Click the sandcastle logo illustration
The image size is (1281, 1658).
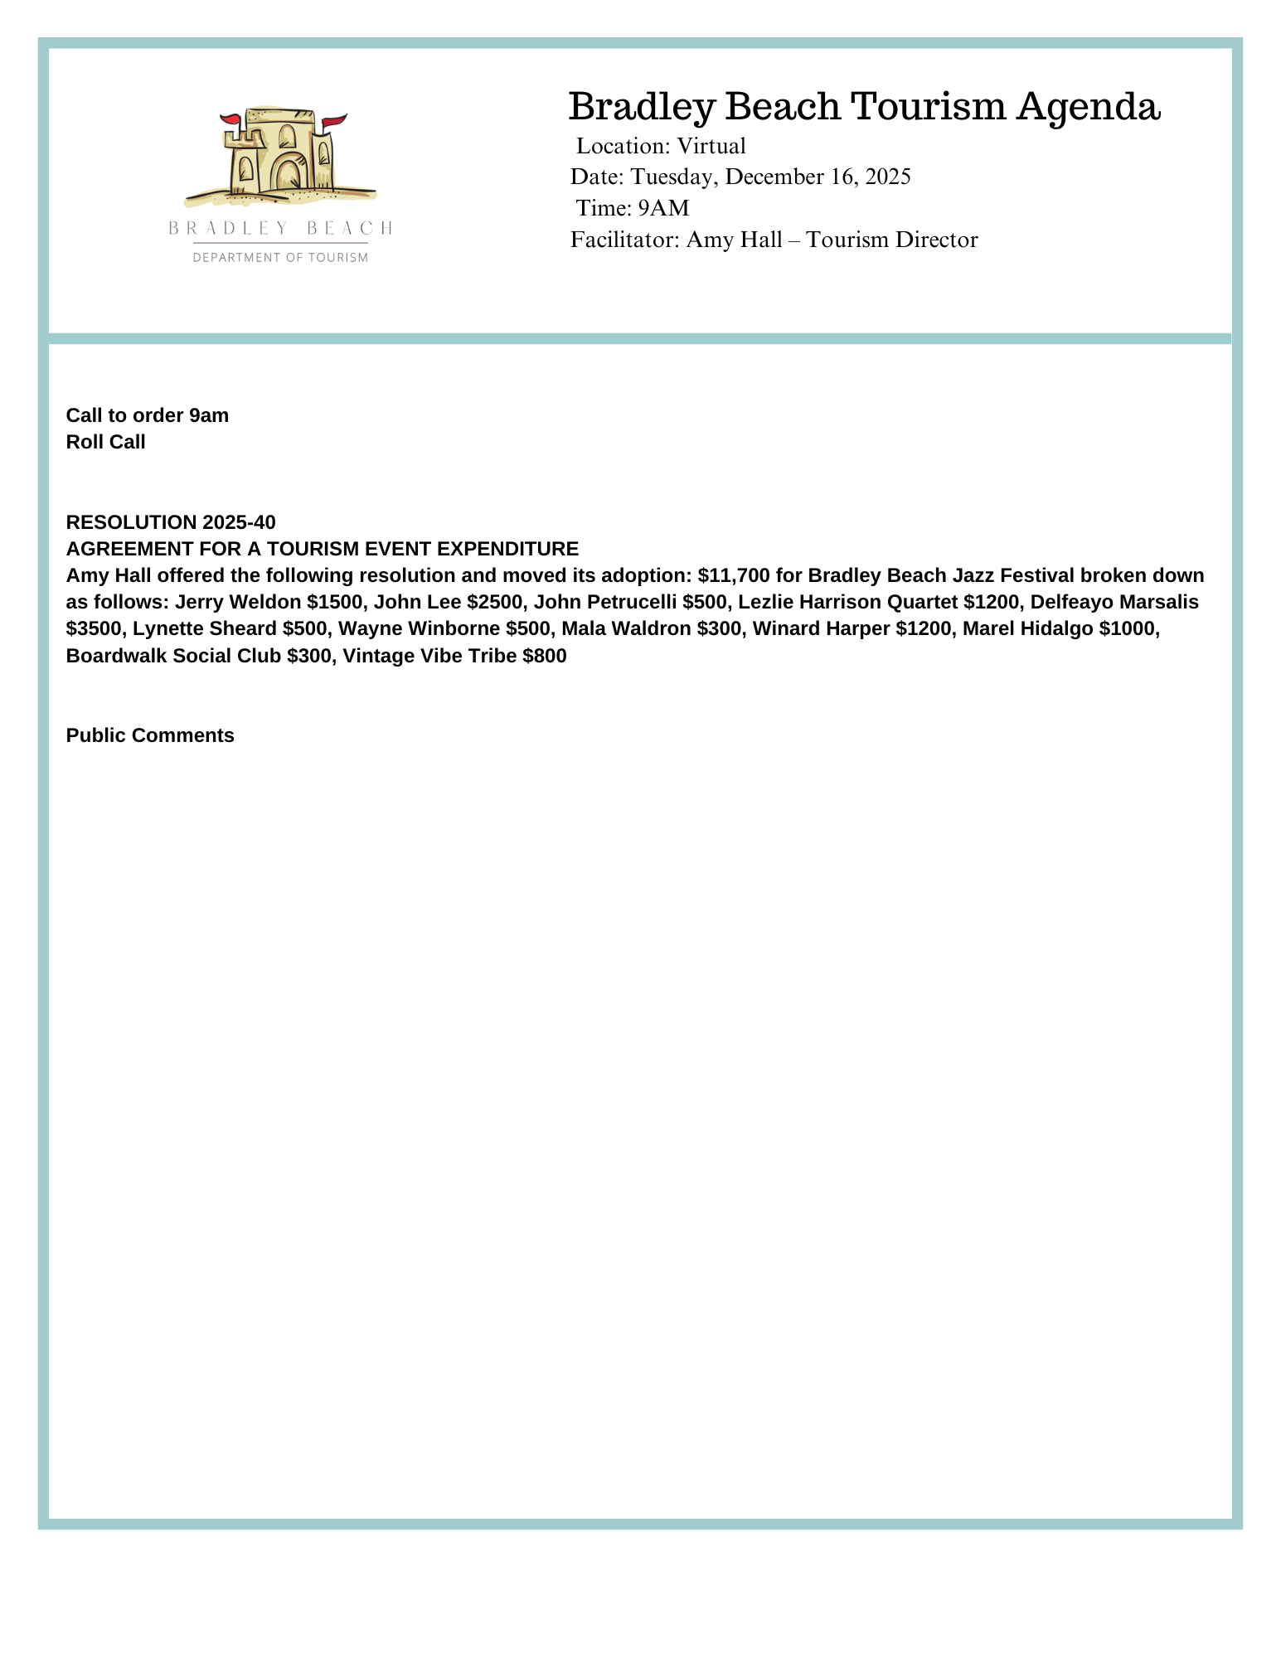coord(280,158)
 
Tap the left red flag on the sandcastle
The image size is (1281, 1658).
coord(231,120)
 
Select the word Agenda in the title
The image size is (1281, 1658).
coord(1089,107)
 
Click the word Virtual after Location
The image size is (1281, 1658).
coord(711,146)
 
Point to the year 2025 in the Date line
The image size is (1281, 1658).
coord(887,177)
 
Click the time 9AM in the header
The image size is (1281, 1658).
coord(663,207)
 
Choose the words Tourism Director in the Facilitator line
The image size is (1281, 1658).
coord(892,240)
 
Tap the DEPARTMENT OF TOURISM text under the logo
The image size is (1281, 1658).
coord(280,258)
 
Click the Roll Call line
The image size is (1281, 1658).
coord(105,442)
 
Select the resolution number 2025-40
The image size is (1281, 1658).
coord(239,522)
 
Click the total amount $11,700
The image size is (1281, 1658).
coord(734,575)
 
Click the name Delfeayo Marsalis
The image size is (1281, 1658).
coord(1114,602)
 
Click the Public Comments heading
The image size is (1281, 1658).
coord(150,736)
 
